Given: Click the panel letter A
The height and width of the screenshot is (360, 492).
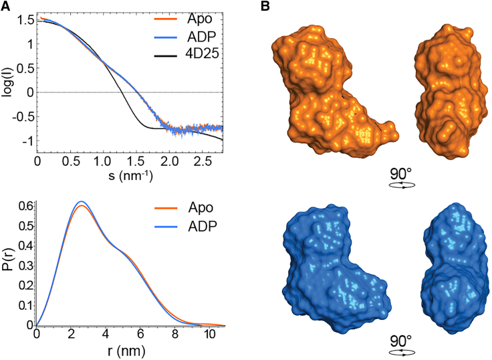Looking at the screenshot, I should (x=6, y=6).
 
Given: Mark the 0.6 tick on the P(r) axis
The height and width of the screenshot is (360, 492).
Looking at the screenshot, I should (x=24, y=206).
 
